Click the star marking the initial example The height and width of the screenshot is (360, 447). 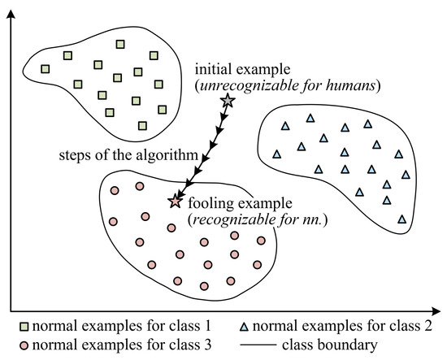tap(228, 101)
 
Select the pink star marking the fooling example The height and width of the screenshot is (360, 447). tap(173, 202)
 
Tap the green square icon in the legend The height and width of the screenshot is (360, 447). tap(7, 327)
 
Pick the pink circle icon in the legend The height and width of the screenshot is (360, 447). tap(7, 345)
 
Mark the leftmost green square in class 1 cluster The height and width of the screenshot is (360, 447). tap(46, 69)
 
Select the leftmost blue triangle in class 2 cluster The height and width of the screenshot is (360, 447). tap(276, 154)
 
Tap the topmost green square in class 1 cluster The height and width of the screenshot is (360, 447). tap(120, 44)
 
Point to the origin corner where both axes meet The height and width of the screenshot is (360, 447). tap(10, 310)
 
